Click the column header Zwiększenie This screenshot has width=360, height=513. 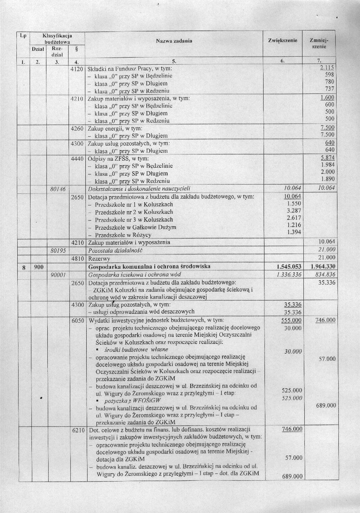pyautogui.click(x=282, y=41)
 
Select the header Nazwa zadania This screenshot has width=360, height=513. pyautogui.click(x=174, y=41)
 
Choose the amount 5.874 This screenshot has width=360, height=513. pyautogui.click(x=326, y=158)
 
